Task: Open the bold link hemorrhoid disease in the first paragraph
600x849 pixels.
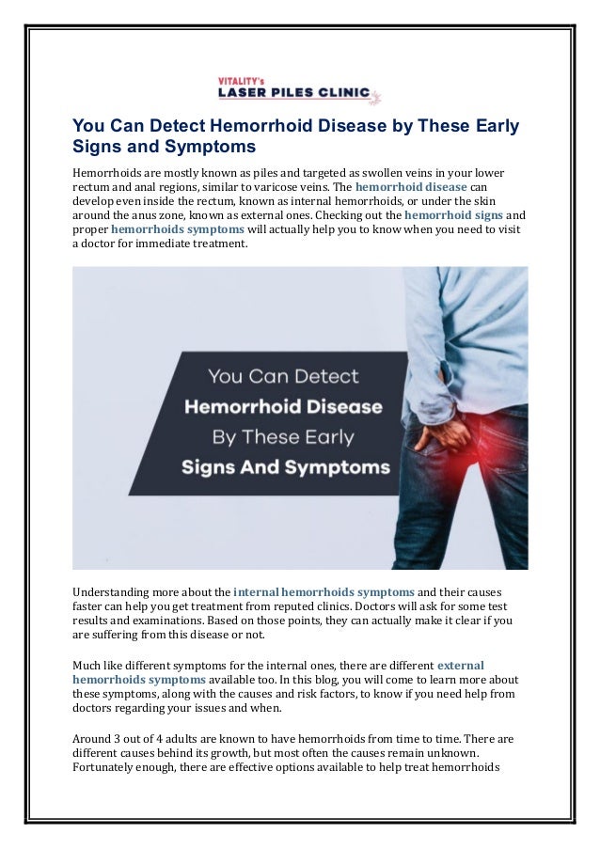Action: click(x=412, y=188)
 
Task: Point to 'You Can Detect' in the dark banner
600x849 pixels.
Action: click(x=283, y=377)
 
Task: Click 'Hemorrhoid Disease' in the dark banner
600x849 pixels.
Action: click(x=283, y=407)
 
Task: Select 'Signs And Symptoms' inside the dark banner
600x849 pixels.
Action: click(x=283, y=466)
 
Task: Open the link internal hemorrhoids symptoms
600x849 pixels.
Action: click(x=324, y=592)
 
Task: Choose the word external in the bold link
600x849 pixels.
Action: click(x=461, y=666)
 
